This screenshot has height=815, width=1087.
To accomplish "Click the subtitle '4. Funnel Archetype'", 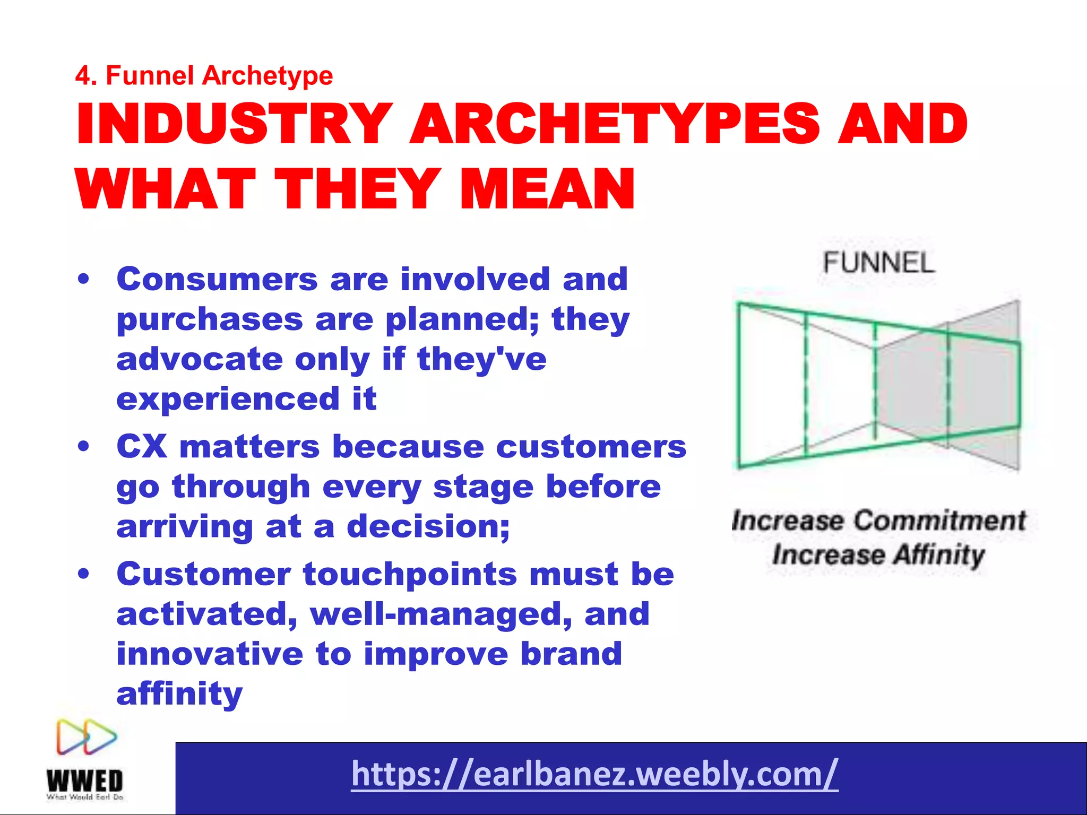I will coord(204,75).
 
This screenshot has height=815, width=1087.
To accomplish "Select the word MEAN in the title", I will coord(547,189).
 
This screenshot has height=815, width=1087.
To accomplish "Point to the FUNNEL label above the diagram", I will coord(878,263).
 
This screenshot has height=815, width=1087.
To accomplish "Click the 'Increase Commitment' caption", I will coord(878,521).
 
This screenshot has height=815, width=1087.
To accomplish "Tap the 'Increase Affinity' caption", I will coord(878,555).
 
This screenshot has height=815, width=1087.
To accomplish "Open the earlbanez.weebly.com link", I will coord(594,774).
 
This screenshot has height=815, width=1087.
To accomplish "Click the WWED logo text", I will coord(85,781).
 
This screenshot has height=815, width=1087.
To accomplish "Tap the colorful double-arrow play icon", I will coord(87,737).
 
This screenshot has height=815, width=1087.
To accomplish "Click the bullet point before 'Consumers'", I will coord(83,280).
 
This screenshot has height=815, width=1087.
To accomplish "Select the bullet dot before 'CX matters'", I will coord(83,447).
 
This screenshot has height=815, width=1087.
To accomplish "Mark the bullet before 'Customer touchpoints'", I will coord(83,574).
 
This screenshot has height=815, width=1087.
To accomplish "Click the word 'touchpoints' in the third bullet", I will coord(410,574).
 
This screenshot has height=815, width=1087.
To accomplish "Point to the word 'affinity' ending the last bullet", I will coord(179,693).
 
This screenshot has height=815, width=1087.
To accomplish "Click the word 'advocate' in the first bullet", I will coord(200,359).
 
